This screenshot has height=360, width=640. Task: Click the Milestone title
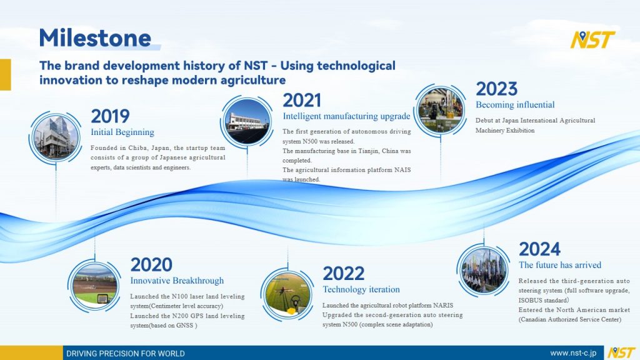[x=95, y=38]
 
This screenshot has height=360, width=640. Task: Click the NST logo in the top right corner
[x=592, y=39]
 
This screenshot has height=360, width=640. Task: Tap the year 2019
[x=110, y=116]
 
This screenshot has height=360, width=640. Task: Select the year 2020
[x=151, y=265]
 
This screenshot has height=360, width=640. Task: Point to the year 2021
[x=302, y=101]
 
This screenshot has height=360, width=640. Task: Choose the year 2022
[x=343, y=274]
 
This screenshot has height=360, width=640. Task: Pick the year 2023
[x=496, y=89]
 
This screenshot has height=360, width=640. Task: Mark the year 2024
[x=539, y=249]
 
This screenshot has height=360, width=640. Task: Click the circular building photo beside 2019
[x=56, y=137]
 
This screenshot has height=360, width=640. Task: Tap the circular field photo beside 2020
[x=94, y=285]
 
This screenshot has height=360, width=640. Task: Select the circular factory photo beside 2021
[x=247, y=122]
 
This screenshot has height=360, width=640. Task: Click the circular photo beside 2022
[x=287, y=294]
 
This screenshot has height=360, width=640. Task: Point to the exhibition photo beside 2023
[x=441, y=110]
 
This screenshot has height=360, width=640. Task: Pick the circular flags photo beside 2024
[x=483, y=270]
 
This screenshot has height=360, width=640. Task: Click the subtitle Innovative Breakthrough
[x=177, y=281]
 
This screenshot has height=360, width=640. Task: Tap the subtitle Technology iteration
[x=361, y=289]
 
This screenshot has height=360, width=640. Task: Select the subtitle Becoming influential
[x=515, y=105]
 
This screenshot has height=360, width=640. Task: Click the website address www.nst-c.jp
[x=573, y=353]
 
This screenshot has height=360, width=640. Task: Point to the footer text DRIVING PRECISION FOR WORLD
[x=125, y=354]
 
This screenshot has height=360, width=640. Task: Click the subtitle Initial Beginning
[x=122, y=132]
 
